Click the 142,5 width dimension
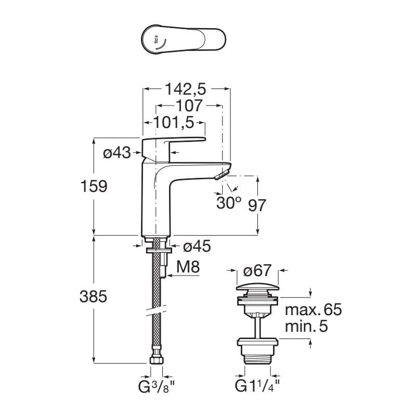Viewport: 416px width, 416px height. [186, 89]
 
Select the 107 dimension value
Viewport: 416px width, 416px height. [188, 106]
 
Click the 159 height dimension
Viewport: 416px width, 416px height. [94, 186]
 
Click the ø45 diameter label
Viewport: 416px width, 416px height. [197, 246]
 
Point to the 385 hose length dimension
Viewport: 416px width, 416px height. [94, 297]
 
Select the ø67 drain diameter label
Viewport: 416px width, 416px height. [257, 271]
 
